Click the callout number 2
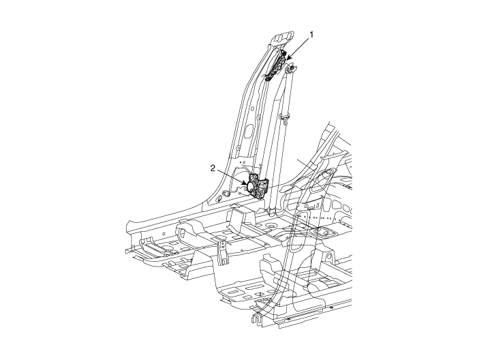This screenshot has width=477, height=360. point(213,168)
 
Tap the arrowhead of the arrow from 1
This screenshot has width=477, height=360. point(288,57)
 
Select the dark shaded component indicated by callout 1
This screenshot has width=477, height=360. point(276,66)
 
